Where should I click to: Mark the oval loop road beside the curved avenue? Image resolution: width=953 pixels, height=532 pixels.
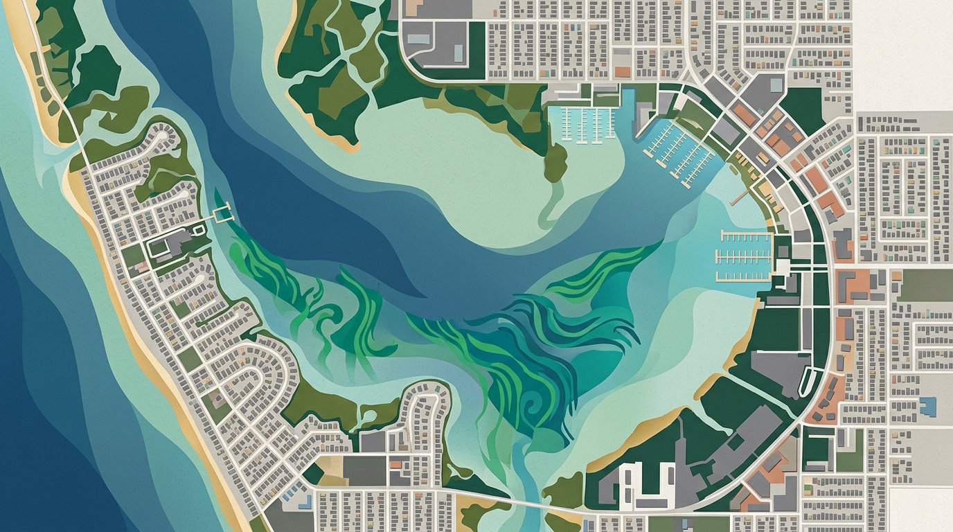coord(808,382)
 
